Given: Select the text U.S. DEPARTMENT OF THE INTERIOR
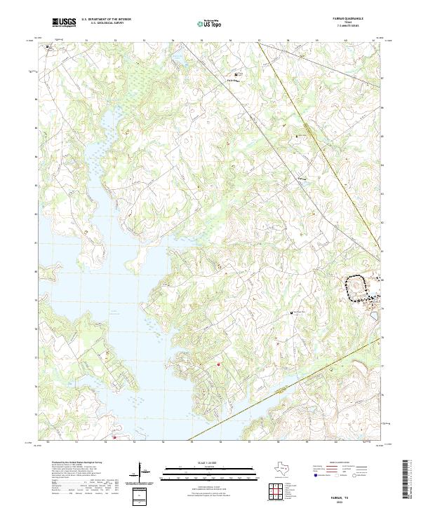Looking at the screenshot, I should (106, 20).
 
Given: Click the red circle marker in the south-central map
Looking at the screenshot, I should (218, 364).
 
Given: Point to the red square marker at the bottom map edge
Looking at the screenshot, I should (115, 439).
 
